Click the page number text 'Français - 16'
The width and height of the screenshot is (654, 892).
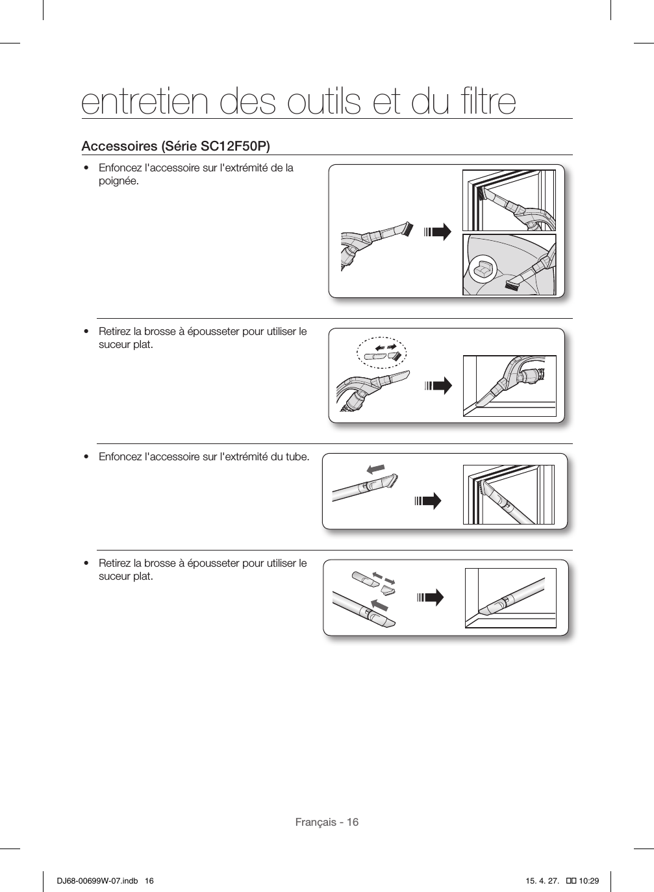pyautogui.click(x=327, y=822)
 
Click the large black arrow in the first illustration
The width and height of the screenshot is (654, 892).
pyautogui.click(x=438, y=232)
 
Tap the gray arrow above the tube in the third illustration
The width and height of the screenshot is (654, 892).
pyautogui.click(x=375, y=469)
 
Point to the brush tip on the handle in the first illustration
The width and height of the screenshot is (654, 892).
pyautogui.click(x=407, y=229)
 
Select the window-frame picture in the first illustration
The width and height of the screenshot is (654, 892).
pyautogui.click(x=509, y=200)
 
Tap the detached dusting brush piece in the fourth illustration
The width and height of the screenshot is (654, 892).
pyautogui.click(x=388, y=589)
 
